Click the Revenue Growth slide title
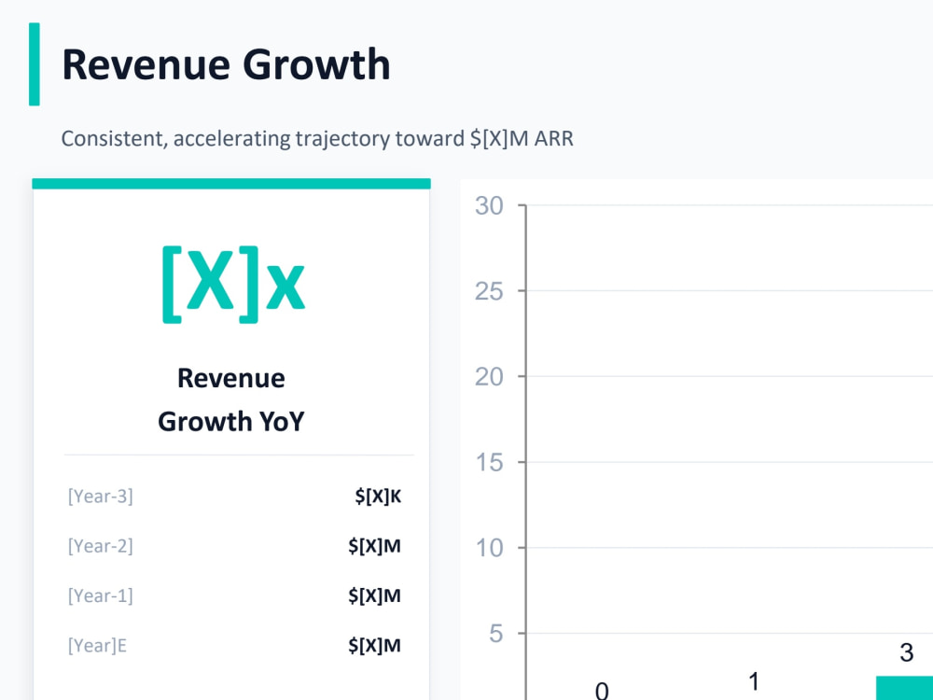pyautogui.click(x=226, y=65)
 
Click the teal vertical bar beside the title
pyautogui.click(x=35, y=64)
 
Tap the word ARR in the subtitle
pyautogui.click(x=554, y=139)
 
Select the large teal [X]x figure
pyautogui.click(x=233, y=285)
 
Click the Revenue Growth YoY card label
pyautogui.click(x=231, y=399)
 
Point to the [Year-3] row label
pyautogui.click(x=101, y=496)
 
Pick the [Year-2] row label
pyautogui.click(x=101, y=546)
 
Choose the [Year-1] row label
pyautogui.click(x=101, y=595)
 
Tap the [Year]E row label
pyautogui.click(x=97, y=646)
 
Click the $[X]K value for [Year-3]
pyautogui.click(x=378, y=496)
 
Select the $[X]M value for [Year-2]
pyautogui.click(x=374, y=546)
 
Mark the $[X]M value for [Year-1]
pyautogui.click(x=374, y=595)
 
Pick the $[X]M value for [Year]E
pyautogui.click(x=374, y=646)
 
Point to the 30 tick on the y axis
pyautogui.click(x=489, y=206)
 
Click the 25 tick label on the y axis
pyautogui.click(x=489, y=291)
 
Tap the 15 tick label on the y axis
pyautogui.click(x=489, y=463)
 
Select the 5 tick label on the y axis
pyautogui.click(x=496, y=634)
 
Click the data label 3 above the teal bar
pyautogui.click(x=906, y=653)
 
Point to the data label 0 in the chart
pyautogui.click(x=602, y=691)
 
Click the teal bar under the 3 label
pyautogui.click(x=904, y=688)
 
